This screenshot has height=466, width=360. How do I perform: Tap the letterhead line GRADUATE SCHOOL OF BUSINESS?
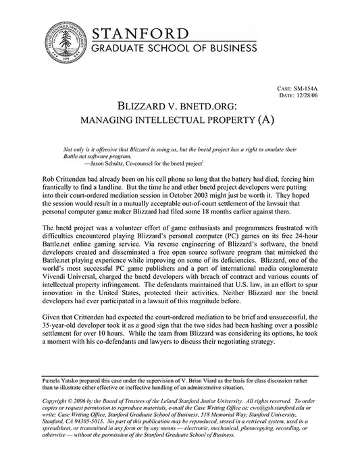[x=175, y=49]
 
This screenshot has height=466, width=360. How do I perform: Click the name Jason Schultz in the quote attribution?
[x=107, y=163]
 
